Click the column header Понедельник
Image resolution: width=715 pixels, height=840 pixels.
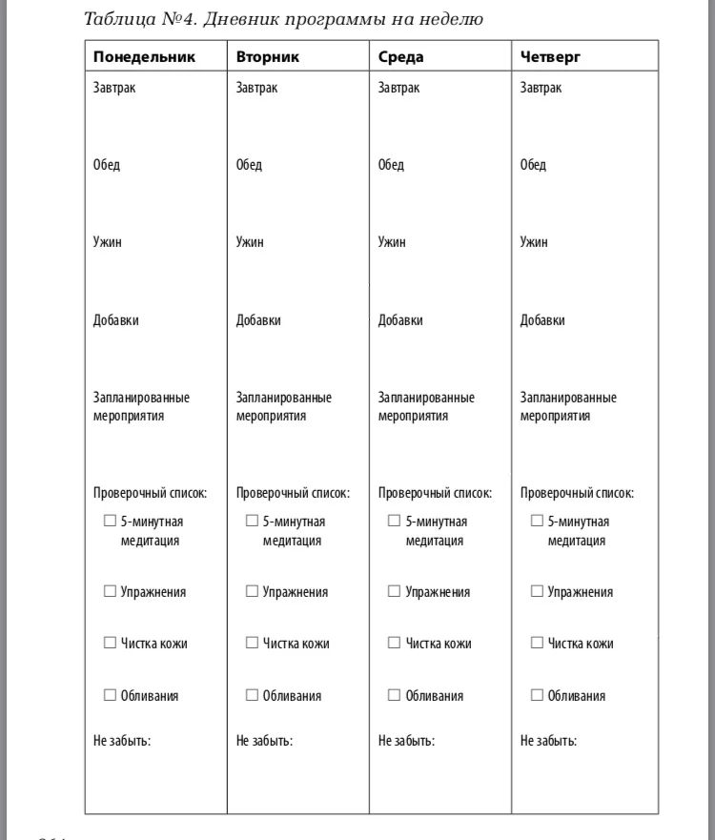(144, 57)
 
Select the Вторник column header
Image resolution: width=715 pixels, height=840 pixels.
(267, 57)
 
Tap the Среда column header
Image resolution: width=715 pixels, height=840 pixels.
(400, 57)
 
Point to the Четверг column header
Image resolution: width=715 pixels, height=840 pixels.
(550, 57)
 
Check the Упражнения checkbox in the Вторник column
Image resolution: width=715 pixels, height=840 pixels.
(253, 592)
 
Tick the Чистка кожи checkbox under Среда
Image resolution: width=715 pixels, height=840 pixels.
(395, 644)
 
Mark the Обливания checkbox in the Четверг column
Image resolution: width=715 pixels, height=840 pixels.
(537, 695)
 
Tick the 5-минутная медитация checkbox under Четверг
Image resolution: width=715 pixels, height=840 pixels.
(537, 522)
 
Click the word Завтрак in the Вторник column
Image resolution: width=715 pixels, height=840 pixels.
(256, 88)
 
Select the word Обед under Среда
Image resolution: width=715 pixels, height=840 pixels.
(391, 165)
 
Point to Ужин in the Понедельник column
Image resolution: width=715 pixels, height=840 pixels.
(107, 242)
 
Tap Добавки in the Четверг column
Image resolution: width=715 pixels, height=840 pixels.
(542, 320)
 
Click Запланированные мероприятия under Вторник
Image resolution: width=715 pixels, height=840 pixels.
(283, 406)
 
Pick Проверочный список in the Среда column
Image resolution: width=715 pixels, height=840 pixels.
(435, 493)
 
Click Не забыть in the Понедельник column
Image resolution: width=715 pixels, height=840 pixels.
(122, 741)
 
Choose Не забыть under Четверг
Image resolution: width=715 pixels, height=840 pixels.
(548, 741)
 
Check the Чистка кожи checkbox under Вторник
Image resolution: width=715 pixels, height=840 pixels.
(253, 644)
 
